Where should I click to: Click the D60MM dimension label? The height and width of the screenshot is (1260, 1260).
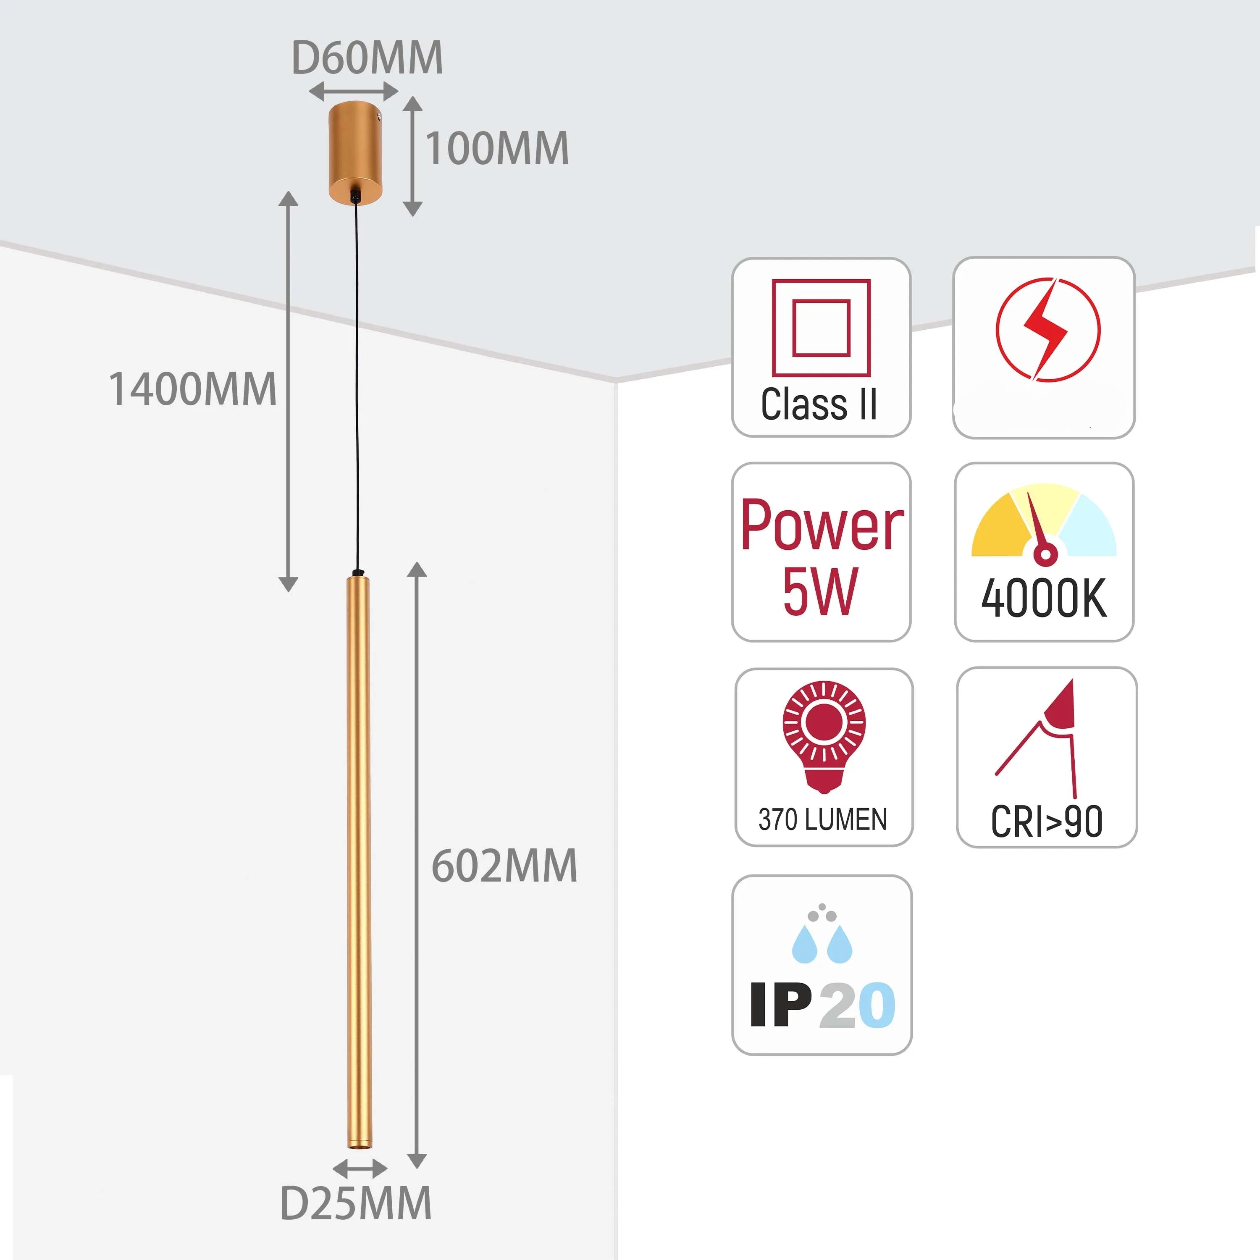click(x=367, y=58)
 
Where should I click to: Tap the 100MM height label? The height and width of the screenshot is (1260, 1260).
click(x=497, y=149)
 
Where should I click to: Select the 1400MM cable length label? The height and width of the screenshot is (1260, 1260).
click(x=192, y=389)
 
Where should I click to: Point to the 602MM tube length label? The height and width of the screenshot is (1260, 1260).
click(x=504, y=866)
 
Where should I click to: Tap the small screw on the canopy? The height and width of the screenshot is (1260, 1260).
click(x=378, y=118)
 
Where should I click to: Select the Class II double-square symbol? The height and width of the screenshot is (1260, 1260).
click(x=821, y=328)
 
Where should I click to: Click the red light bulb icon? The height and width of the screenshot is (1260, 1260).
click(x=824, y=734)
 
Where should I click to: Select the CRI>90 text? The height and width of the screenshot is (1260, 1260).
click(x=1047, y=822)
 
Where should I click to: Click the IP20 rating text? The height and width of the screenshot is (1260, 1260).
click(x=822, y=1005)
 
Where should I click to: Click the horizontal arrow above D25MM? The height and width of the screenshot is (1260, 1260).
click(x=360, y=1168)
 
